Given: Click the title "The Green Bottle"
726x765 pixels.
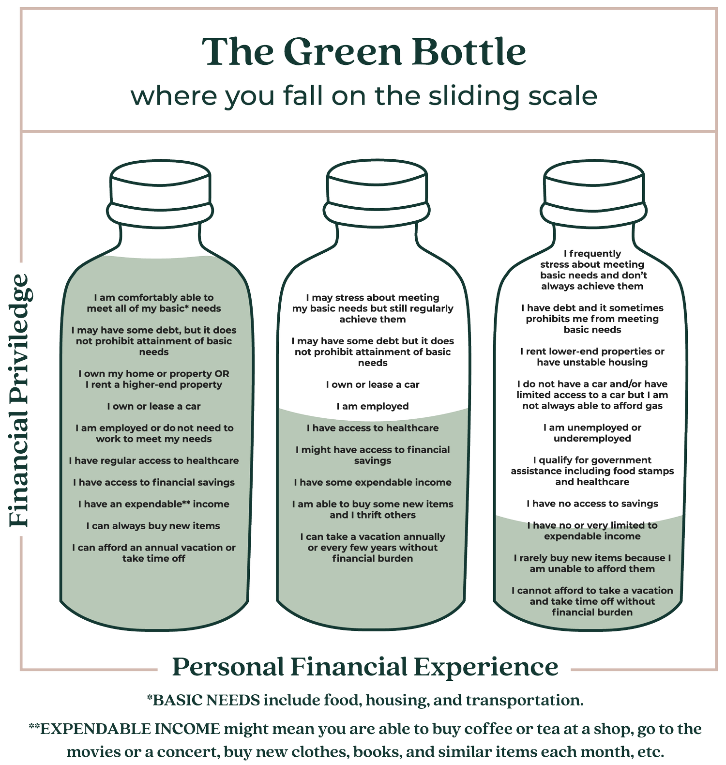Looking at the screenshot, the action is (x=364, y=51).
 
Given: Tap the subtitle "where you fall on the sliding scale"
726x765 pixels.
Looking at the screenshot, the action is (x=364, y=96).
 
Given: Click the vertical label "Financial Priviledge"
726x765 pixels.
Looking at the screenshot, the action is (x=20, y=401).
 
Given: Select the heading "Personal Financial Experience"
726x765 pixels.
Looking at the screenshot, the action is (x=365, y=667).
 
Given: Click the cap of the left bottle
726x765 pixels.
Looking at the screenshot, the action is (x=160, y=183).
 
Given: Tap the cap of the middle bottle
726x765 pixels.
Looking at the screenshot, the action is (x=377, y=183).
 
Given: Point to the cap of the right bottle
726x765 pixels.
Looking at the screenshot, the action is (x=594, y=183).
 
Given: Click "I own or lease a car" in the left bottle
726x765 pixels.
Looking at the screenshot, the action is (x=154, y=406).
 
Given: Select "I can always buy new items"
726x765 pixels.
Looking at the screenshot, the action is (x=153, y=526).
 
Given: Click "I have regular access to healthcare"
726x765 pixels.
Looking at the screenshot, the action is (x=154, y=460).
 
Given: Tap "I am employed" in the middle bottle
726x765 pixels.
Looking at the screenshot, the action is (x=372, y=406).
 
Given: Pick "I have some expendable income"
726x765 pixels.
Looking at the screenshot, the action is (x=373, y=482).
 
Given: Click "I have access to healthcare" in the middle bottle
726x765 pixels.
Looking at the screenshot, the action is (x=373, y=428).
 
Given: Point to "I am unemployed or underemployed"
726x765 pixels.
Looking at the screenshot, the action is (x=592, y=433).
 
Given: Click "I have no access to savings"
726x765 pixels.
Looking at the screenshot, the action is (x=592, y=504).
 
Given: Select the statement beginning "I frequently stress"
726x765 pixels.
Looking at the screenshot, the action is (x=592, y=270).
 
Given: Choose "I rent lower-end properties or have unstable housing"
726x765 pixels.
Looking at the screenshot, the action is (x=592, y=357).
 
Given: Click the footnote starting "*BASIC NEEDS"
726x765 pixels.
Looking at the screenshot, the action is (x=365, y=700).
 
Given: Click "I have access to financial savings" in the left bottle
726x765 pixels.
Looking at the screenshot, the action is (x=154, y=482).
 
